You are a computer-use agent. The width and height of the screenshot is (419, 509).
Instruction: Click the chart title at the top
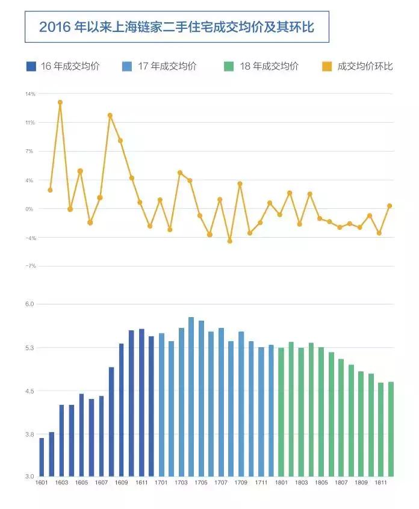click(x=176, y=27)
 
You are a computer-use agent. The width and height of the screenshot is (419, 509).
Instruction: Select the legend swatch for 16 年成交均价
click(x=31, y=66)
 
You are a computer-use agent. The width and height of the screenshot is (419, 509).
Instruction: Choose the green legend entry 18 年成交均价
click(x=268, y=66)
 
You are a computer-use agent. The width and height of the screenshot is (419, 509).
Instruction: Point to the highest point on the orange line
click(x=60, y=102)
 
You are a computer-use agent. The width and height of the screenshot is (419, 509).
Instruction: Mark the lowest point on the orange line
click(x=229, y=241)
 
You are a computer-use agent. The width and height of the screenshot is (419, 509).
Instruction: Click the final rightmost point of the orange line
click(x=390, y=206)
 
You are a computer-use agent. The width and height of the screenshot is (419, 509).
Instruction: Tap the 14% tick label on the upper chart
click(x=30, y=94)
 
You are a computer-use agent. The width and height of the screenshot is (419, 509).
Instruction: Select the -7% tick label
click(x=30, y=266)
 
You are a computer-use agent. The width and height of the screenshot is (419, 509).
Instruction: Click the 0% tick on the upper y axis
click(x=30, y=209)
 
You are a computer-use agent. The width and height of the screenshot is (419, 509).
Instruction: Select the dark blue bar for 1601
click(x=42, y=457)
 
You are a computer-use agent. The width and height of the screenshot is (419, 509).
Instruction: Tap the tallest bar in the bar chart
click(x=191, y=397)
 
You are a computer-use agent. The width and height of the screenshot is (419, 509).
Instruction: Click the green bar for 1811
click(x=380, y=430)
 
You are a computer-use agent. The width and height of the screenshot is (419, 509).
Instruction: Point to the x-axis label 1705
click(x=201, y=483)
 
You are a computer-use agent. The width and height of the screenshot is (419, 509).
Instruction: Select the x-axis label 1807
click(x=341, y=483)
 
